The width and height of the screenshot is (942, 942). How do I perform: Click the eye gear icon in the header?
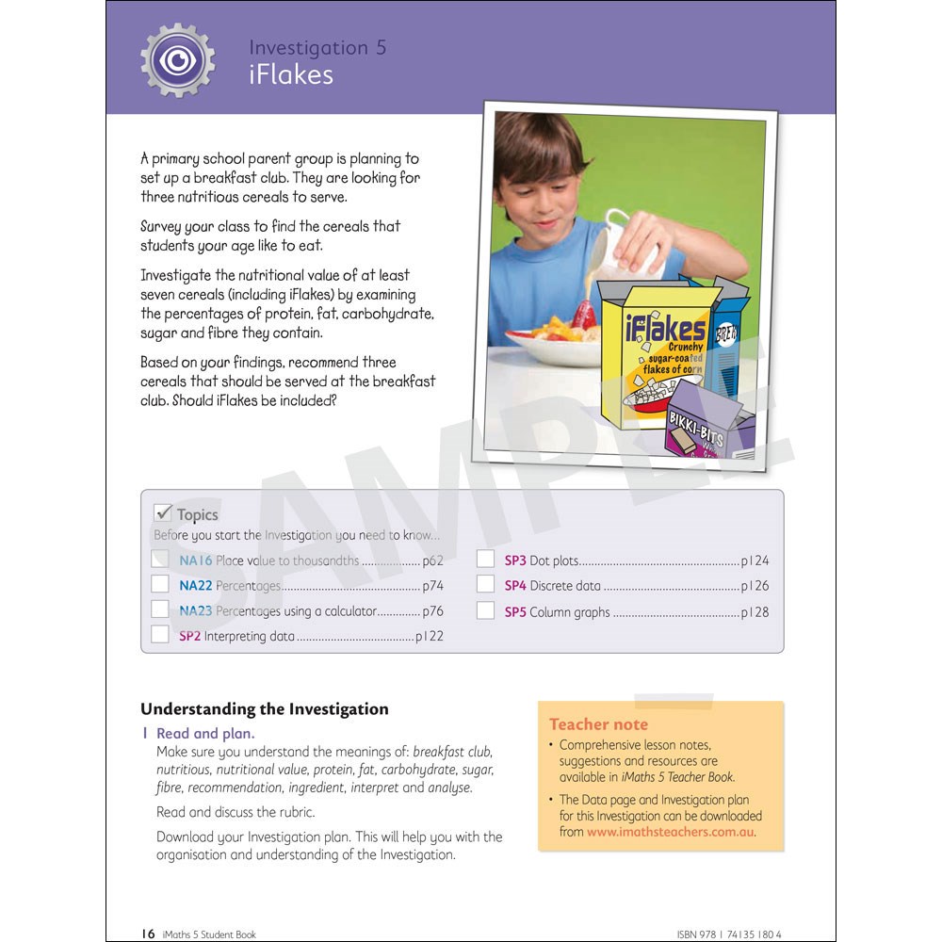(x=177, y=59)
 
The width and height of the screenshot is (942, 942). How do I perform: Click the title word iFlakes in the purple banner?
(x=290, y=75)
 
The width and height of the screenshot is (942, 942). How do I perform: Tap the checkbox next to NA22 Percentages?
(x=160, y=585)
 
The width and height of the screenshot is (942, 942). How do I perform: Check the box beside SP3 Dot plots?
(x=485, y=560)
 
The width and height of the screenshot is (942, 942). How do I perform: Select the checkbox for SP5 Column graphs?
(x=485, y=610)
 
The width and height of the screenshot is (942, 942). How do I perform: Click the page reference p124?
(x=755, y=560)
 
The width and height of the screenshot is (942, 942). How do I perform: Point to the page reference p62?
(x=432, y=560)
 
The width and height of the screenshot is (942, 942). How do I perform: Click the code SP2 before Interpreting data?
(x=189, y=636)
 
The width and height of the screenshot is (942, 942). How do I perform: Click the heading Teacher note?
(x=598, y=724)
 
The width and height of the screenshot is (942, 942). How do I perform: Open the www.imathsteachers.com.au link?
(x=671, y=832)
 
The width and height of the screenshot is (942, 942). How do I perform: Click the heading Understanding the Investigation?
(x=264, y=709)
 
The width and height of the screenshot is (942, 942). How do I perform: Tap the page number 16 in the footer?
(x=148, y=934)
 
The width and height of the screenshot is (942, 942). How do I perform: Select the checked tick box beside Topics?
(x=162, y=513)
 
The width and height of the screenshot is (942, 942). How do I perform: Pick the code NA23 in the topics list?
(x=196, y=611)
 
